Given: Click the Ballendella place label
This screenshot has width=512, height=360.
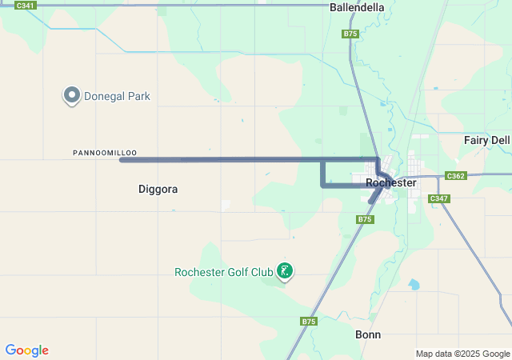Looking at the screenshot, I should [x=357, y=7].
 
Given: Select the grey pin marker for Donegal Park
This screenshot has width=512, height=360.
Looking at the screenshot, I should [x=71, y=96].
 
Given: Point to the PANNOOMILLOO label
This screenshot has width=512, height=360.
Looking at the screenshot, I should [x=105, y=152].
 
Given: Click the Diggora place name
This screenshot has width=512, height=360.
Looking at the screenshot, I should [x=158, y=190].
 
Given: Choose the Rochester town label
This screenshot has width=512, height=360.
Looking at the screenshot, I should [x=390, y=182].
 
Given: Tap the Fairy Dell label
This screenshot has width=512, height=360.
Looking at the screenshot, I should [x=486, y=140].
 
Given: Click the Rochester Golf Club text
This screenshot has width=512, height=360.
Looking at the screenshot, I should [x=224, y=272].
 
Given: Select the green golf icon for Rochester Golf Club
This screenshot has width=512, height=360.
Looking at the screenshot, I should [x=283, y=271].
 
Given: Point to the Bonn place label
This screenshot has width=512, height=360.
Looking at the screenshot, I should [x=368, y=334].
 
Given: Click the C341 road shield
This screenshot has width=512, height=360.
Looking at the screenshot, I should [x=25, y=6].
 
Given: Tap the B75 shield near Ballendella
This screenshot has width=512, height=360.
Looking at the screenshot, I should [x=350, y=34].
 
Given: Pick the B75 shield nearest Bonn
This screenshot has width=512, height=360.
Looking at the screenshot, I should [x=309, y=321].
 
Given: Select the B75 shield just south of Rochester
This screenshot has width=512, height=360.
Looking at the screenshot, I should [x=365, y=218].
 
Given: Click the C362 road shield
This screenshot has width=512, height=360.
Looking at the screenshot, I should [x=455, y=176].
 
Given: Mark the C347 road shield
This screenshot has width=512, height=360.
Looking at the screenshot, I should [x=438, y=198].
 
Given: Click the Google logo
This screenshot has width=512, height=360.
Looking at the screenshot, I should [x=26, y=350].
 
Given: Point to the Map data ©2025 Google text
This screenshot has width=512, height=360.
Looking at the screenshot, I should [x=462, y=354].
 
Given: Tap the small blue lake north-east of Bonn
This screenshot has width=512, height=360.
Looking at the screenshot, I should [x=413, y=284].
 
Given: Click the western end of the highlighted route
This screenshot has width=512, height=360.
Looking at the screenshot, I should [x=122, y=160].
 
